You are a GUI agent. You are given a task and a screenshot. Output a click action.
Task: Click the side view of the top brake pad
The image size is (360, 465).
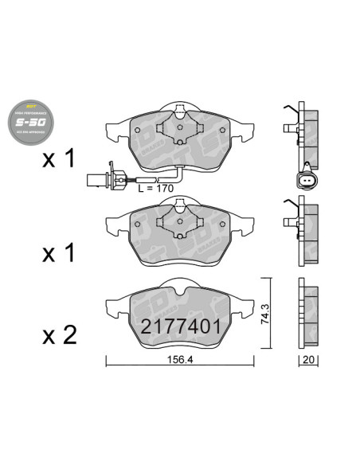pyautogui.click(x=303, y=131)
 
